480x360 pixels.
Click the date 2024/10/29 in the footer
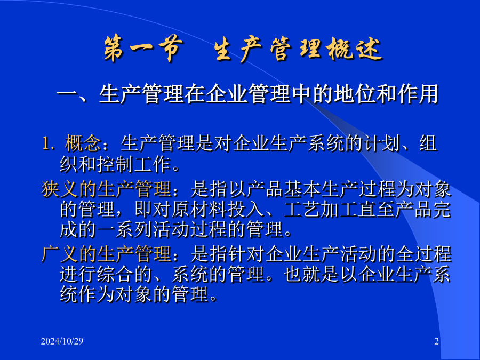[62, 341]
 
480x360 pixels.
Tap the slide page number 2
[436, 341]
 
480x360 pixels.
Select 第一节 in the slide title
[143, 49]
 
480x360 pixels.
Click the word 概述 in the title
[355, 49]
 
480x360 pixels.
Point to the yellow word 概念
[83, 143]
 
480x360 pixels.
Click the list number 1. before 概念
[49, 143]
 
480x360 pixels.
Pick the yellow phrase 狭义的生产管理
[106, 189]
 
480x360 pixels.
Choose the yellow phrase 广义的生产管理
[106, 254]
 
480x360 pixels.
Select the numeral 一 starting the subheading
[67, 94]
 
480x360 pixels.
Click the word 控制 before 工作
[115, 164]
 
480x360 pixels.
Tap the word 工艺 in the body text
[302, 210]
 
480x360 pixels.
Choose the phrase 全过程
[423, 254]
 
